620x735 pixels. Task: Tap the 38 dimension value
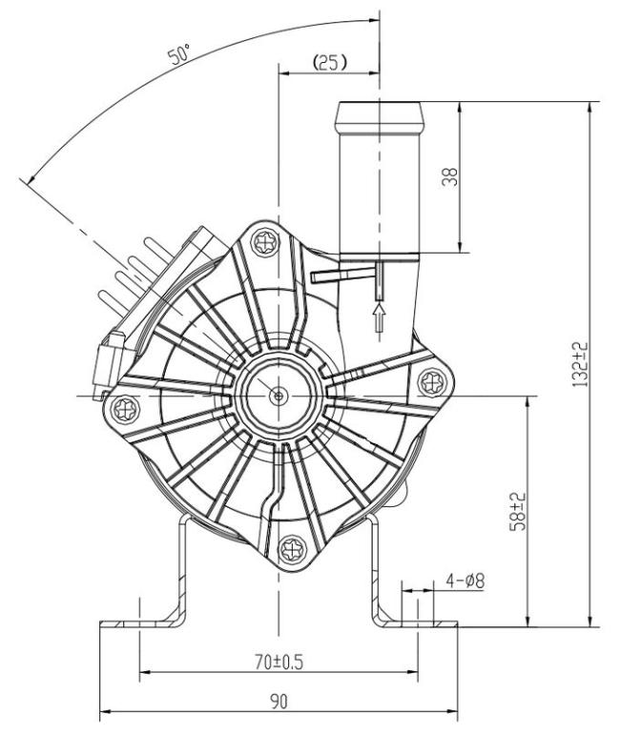(450, 176)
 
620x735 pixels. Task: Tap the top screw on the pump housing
(262, 243)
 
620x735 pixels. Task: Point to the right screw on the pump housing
(429, 382)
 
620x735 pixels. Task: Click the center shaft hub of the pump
(277, 394)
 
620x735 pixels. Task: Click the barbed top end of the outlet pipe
(379, 121)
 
